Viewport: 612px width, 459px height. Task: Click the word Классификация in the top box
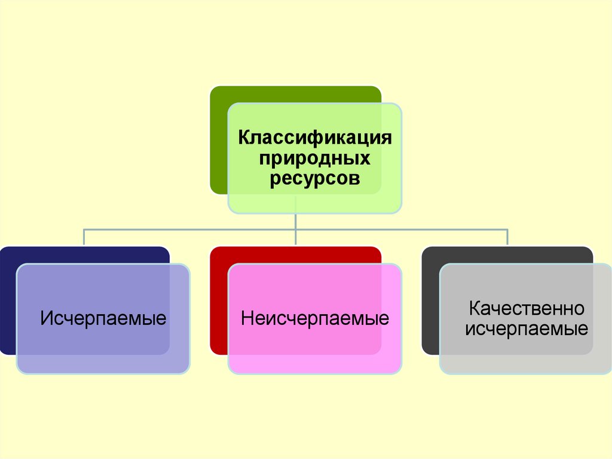point(315,138)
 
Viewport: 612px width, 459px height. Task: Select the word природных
point(314,159)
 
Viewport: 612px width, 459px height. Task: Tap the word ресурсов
point(314,178)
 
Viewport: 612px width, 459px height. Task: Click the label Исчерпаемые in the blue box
point(103,318)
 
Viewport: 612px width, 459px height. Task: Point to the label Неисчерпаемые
point(315,318)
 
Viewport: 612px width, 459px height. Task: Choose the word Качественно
point(526,309)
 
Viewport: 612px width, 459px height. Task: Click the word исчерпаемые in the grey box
point(527,329)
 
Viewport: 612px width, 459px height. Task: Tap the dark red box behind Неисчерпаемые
point(219,299)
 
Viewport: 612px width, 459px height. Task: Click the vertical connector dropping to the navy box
point(84,237)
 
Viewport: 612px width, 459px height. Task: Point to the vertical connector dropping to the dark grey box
point(507,237)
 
